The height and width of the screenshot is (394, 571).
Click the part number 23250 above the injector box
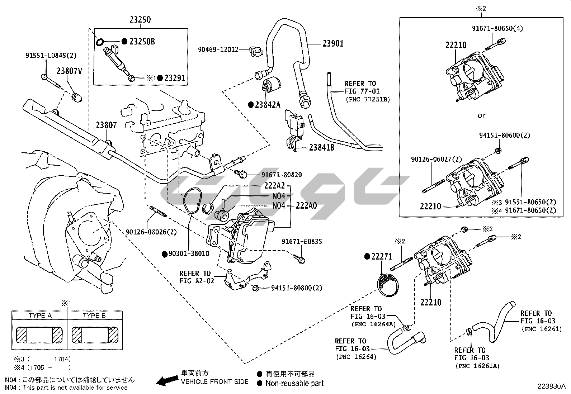140,20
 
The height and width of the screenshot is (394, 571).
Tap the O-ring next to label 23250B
100,42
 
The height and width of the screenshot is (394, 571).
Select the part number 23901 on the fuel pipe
333,44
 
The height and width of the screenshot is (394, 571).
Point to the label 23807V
70,71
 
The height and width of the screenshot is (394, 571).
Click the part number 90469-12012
218,50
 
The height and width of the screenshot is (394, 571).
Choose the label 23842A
267,105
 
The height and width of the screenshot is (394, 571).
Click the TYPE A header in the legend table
40,315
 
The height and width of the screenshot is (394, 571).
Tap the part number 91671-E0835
302,242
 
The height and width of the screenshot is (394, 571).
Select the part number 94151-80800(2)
296,288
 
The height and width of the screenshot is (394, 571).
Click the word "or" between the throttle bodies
481,115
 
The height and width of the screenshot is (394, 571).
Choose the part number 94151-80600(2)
505,136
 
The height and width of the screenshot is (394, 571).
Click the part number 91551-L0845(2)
51,56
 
